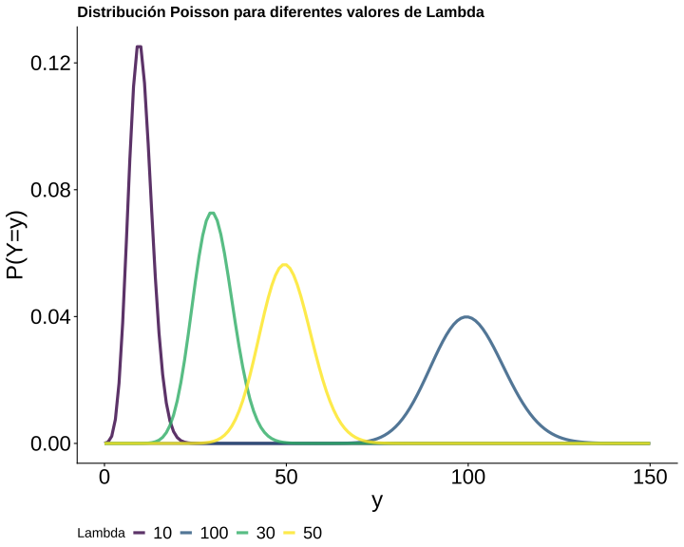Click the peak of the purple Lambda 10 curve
(139, 47)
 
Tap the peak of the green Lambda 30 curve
(211, 213)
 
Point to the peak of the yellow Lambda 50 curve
(283, 264)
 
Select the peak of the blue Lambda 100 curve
(466, 316)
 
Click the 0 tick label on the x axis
(104, 477)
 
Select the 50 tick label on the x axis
(286, 477)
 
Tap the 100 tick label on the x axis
(467, 477)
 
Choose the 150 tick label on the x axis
(650, 477)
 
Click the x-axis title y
(377, 500)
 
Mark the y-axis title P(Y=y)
(16, 244)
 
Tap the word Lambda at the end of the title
(457, 13)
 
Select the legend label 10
(162, 533)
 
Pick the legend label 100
(215, 533)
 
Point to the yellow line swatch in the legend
(290, 533)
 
